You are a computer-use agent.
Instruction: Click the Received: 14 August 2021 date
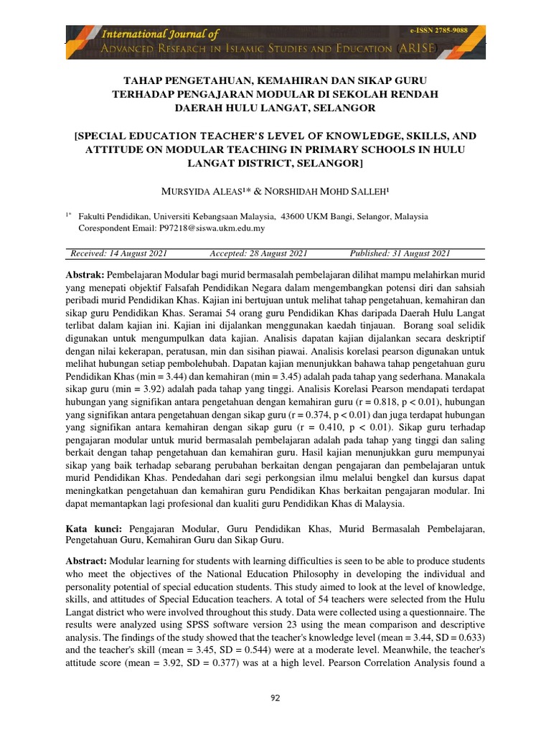click(119, 253)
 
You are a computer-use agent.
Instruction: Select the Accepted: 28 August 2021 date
click(258, 253)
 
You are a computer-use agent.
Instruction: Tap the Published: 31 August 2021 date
click(400, 253)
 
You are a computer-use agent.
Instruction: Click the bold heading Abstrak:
click(85, 276)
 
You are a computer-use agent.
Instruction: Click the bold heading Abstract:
click(85, 560)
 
